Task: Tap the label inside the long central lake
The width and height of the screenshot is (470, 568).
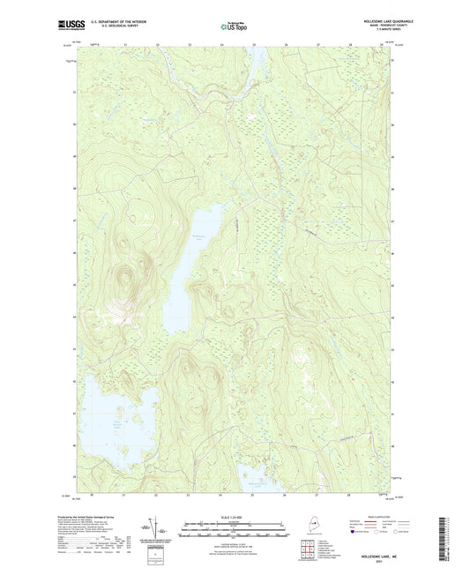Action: (x=198, y=238)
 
